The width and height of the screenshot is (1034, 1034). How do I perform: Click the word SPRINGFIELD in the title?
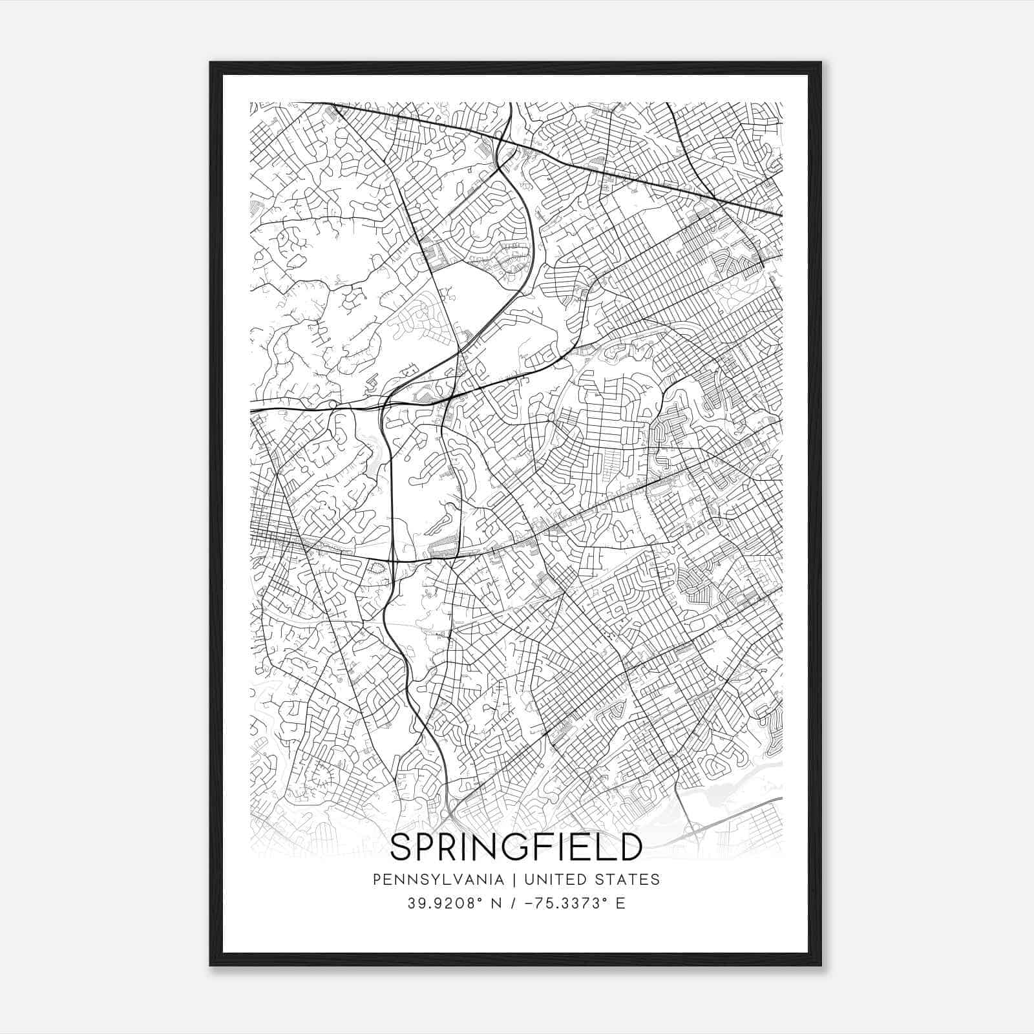pos(516,847)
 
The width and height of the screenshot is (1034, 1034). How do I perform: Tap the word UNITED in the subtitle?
pos(555,880)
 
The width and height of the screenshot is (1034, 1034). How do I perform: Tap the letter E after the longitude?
pos(620,903)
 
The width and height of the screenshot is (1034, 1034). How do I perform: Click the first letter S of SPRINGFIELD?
pos(402,847)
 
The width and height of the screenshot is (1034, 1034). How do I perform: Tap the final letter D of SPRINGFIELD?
pos(630,847)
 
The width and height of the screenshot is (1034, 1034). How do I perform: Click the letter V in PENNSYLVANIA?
pos(458,880)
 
